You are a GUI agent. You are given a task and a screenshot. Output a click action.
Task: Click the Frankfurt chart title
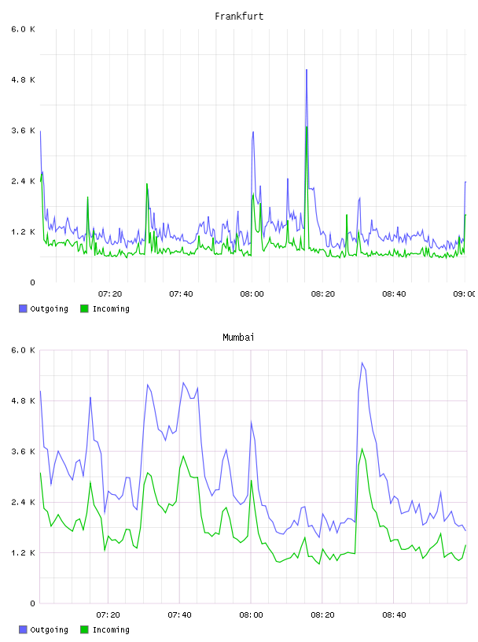pos(239,17)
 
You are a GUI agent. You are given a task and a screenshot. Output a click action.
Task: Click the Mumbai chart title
pos(238,338)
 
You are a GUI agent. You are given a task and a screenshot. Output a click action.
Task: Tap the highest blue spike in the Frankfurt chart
pos(306,70)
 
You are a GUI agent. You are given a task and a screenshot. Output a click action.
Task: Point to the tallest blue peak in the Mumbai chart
pos(362,363)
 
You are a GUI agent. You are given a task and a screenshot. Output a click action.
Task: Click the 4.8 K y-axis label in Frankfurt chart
pos(23,79)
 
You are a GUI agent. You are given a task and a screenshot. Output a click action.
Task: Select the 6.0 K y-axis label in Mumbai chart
pos(23,350)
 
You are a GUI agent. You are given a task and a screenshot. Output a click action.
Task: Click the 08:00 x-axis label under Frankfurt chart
pos(252,294)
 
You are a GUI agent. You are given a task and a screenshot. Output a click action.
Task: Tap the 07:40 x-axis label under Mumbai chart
pos(179,615)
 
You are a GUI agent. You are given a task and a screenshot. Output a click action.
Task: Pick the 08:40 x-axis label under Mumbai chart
pos(394,615)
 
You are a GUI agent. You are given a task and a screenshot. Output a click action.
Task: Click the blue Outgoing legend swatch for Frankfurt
pos(23,308)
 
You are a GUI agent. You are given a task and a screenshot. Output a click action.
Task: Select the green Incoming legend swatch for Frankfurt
pos(84,308)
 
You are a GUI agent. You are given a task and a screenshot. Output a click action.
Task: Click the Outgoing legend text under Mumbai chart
pos(49,629)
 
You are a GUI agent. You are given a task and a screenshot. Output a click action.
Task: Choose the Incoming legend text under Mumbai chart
pos(111,629)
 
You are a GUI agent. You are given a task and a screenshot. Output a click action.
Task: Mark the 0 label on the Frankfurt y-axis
pos(32,282)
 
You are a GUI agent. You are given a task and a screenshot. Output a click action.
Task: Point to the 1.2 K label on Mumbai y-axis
pos(23,553)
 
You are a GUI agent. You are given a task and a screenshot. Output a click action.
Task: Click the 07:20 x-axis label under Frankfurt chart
pos(110,294)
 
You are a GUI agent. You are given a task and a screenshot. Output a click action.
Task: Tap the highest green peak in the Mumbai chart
pos(362,449)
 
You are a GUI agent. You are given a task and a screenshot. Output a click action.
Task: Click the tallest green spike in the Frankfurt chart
pos(307,127)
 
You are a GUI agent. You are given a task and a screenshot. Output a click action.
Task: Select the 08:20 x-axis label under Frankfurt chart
pos(323,294)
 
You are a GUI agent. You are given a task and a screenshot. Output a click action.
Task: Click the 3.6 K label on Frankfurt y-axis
pos(23,131)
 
